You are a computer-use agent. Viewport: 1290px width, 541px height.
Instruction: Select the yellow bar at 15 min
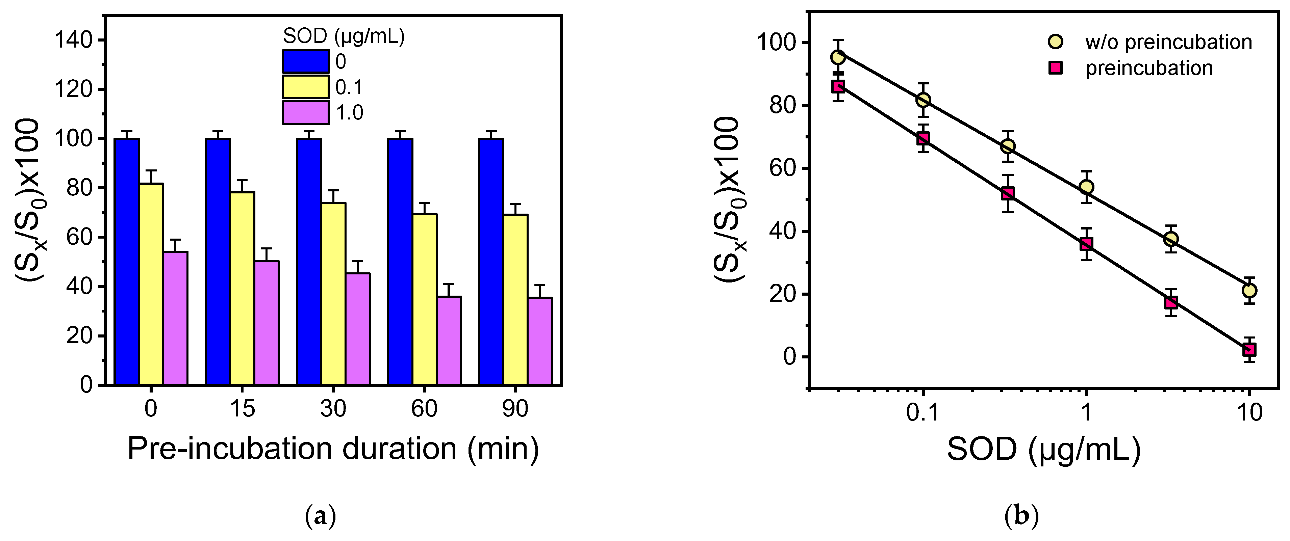243,288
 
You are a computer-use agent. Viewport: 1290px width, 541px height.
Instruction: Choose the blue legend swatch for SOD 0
305,61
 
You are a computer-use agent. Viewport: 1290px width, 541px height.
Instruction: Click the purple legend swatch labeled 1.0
305,113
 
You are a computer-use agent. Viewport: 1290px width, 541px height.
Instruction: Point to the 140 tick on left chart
74,40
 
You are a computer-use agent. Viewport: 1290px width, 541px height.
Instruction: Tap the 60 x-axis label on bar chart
424,409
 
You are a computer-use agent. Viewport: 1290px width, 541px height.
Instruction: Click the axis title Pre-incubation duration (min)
333,449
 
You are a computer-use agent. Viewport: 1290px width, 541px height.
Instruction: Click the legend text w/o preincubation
1168,42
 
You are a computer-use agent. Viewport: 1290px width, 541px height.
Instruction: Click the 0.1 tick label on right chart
923,413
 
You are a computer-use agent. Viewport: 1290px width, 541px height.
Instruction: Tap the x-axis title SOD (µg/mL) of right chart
1044,450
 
